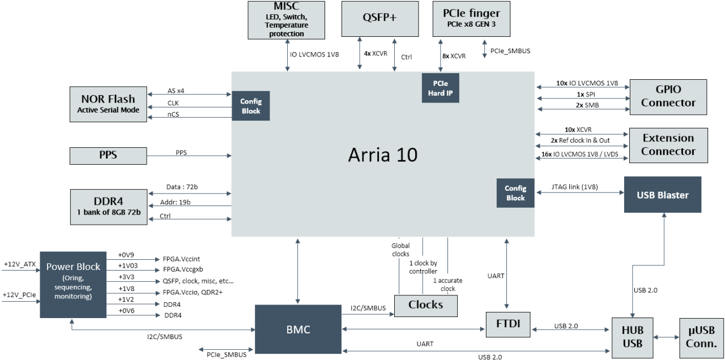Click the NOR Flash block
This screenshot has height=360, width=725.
tap(108, 104)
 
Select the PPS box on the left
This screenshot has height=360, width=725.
tap(108, 154)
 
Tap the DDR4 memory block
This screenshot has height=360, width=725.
tap(108, 206)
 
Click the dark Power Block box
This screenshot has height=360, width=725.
tap(73, 285)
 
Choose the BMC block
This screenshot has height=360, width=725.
tap(298, 329)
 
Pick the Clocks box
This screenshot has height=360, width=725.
tap(425, 305)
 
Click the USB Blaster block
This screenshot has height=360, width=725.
tap(663, 195)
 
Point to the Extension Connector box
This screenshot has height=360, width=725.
tap(668, 144)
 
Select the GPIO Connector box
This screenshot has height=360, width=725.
tap(668, 96)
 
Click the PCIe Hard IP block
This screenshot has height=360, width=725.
tap(440, 88)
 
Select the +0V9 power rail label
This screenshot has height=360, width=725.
tap(127, 255)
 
